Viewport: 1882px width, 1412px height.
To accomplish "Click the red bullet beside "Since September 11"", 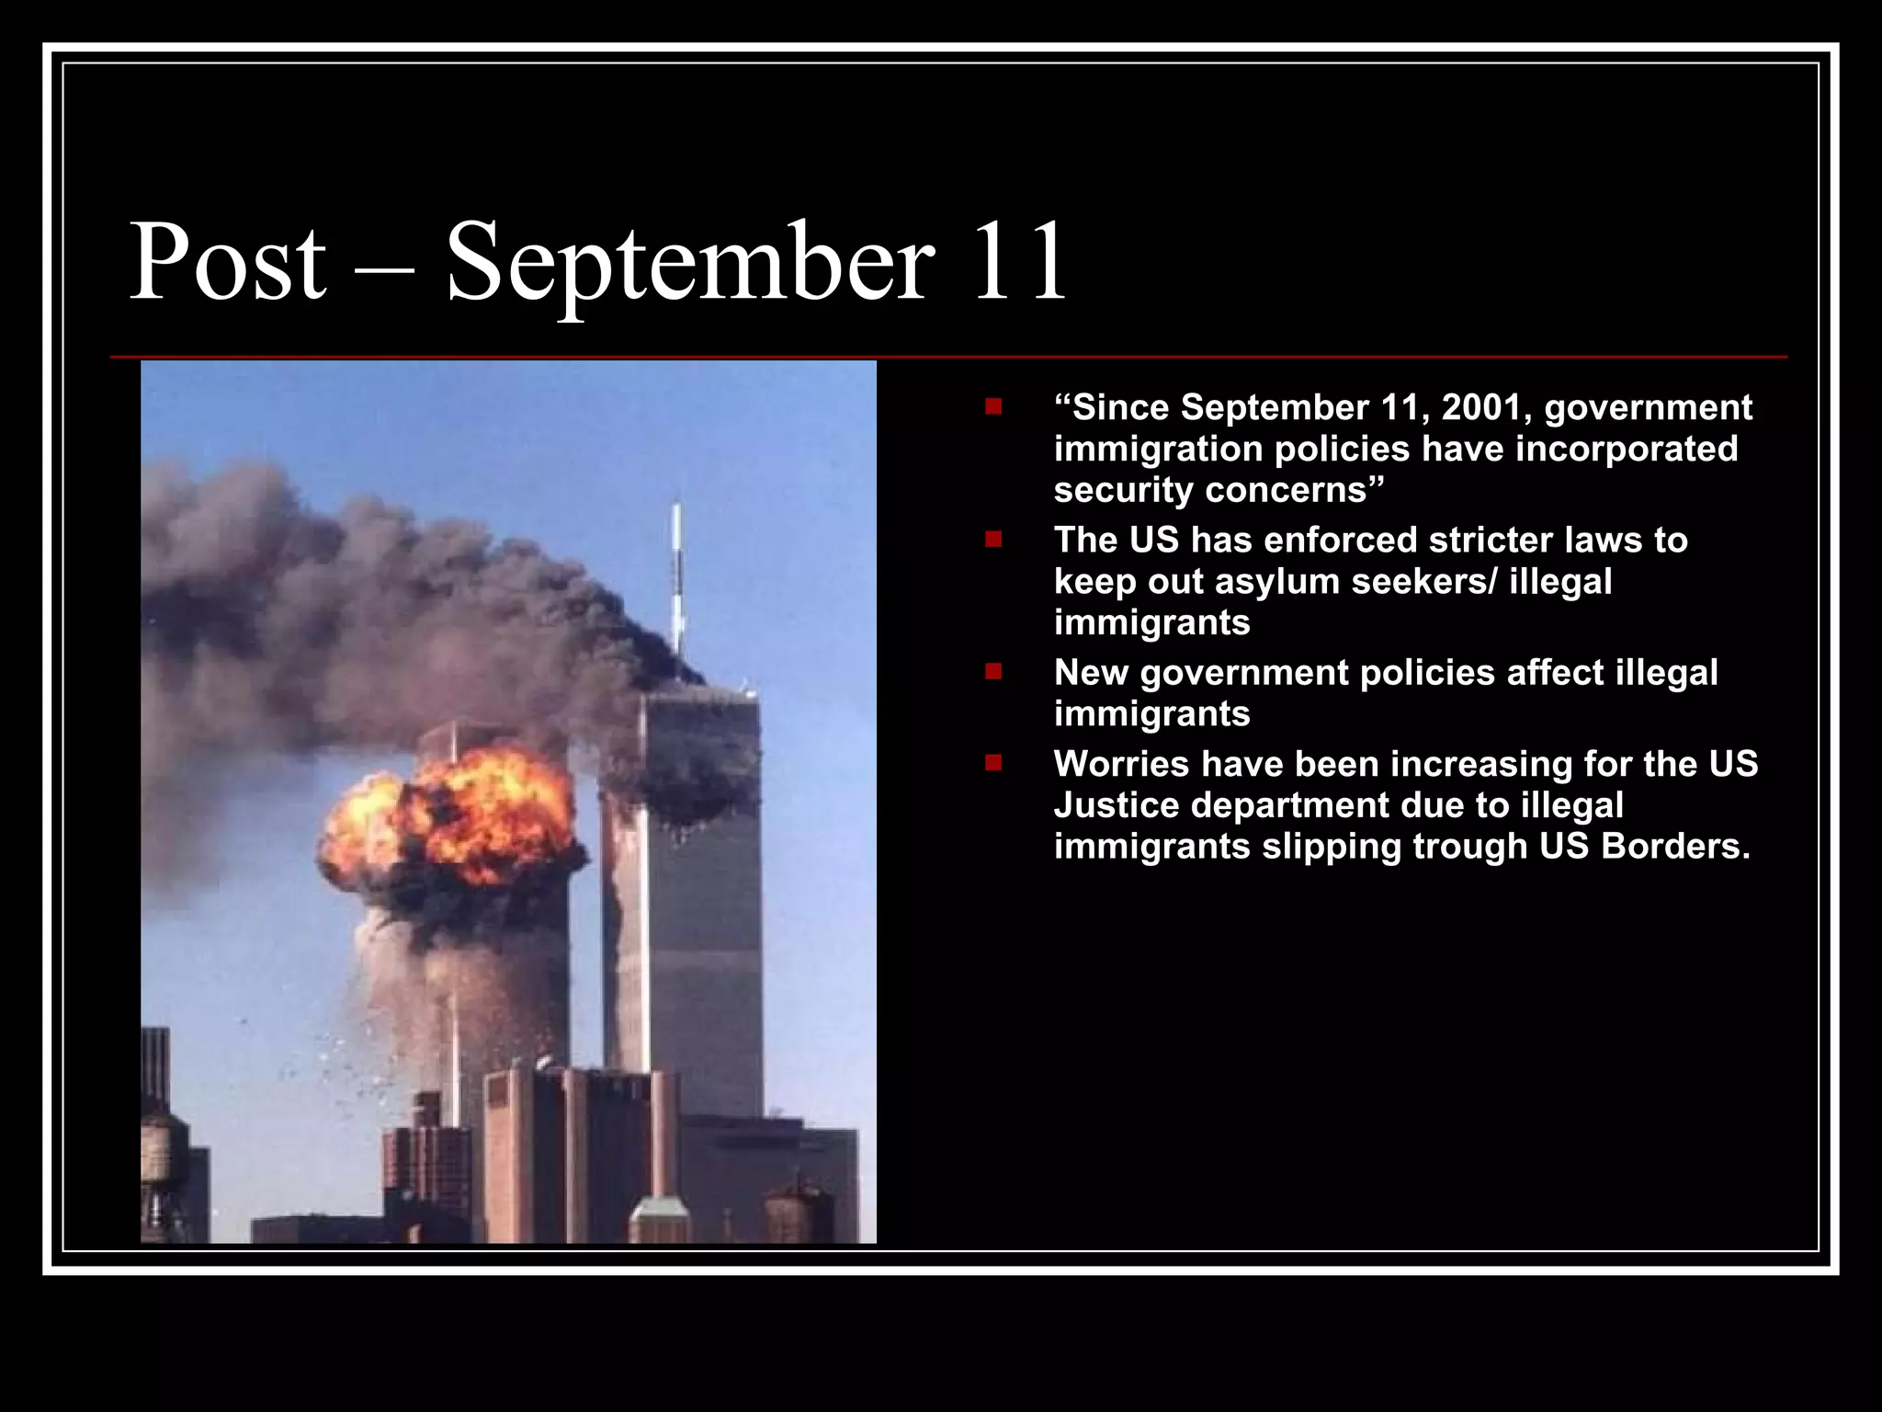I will (x=993, y=405).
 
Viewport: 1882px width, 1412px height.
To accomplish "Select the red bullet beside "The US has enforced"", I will (x=993, y=539).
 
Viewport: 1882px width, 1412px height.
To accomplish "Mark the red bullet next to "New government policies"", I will (x=993, y=671).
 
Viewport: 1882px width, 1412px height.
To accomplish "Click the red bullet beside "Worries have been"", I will (x=993, y=762).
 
